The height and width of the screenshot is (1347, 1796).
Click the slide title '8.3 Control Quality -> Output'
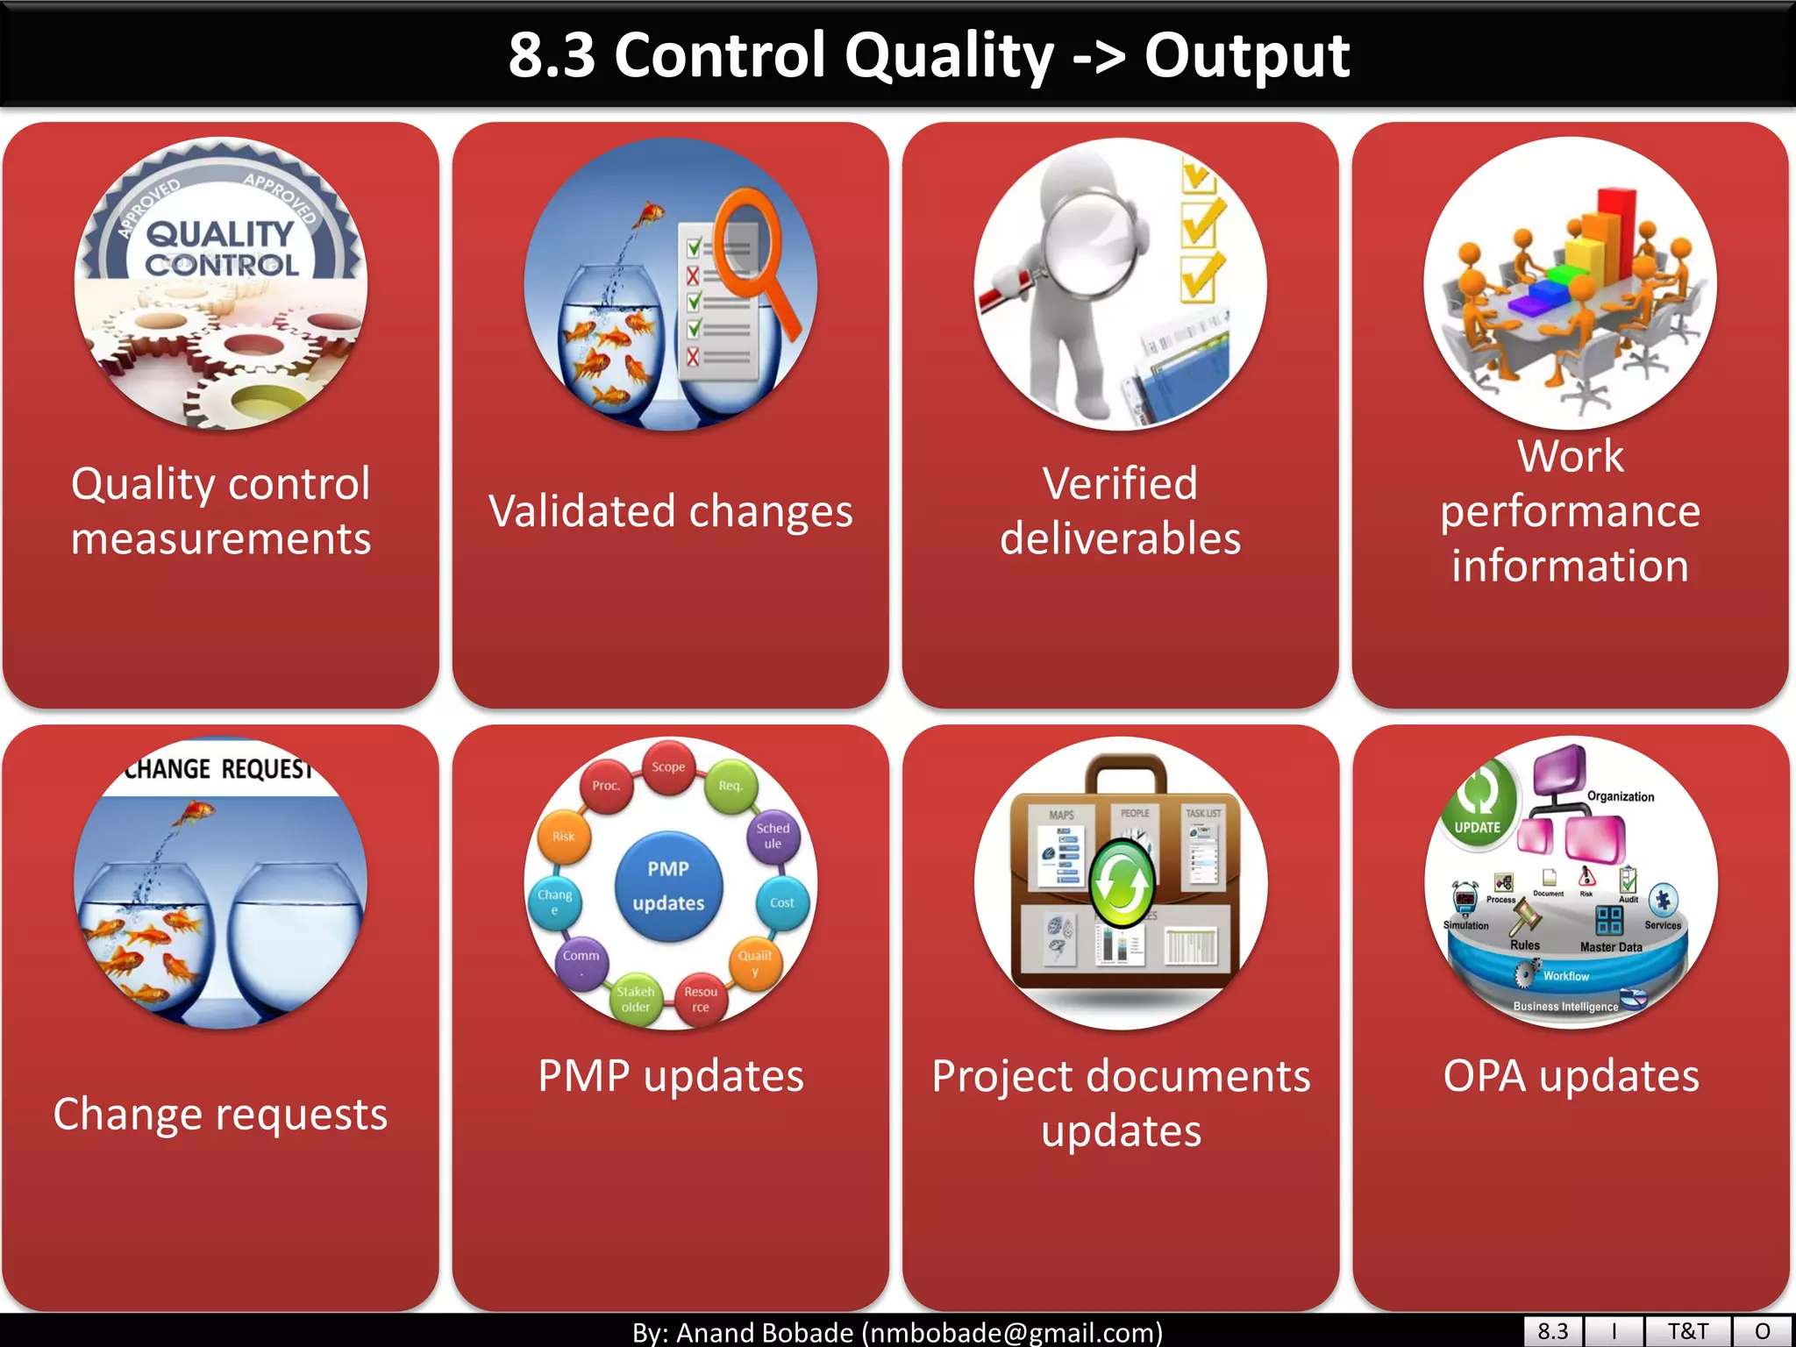[928, 55]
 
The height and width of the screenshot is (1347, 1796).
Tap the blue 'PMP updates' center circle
[668, 885]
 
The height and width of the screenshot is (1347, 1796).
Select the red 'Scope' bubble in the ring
[668, 766]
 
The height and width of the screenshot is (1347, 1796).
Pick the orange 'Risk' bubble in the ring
[563, 837]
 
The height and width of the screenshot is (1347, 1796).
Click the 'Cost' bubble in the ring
[781, 902]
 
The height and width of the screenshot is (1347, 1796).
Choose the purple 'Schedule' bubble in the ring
[773, 836]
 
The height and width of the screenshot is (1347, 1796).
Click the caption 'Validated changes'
[670, 511]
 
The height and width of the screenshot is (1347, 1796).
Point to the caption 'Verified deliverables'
[1120, 510]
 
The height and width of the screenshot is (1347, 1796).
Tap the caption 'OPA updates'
[1571, 1076]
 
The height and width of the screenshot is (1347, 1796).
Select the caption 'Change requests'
[220, 1114]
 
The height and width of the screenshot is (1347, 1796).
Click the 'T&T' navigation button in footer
[1687, 1331]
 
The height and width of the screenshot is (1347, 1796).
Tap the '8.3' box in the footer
[1552, 1331]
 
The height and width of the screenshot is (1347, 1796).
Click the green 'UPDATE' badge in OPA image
[1479, 802]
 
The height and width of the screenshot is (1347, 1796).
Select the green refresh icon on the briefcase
[1121, 883]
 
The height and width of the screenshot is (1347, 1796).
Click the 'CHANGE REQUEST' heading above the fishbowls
[218, 769]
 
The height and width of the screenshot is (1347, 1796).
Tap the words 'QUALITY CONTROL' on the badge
[220, 249]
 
